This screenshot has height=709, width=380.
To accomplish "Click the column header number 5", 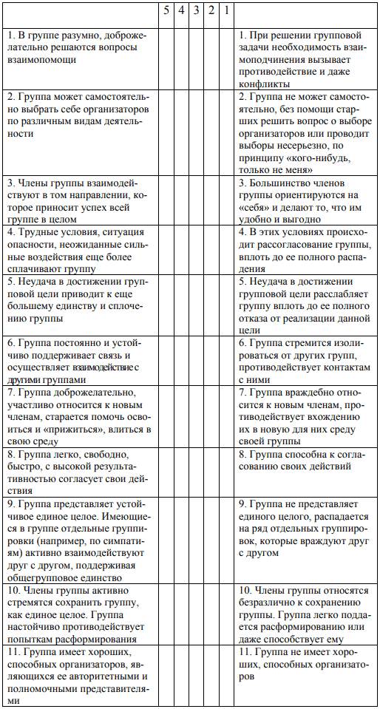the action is coord(166,12).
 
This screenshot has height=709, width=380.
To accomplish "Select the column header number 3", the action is coord(196,12).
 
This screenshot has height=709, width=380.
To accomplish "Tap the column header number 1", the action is coord(226,12).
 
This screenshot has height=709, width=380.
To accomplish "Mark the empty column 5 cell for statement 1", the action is coord(166,58).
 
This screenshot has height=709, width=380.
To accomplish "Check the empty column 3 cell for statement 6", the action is coord(196,361).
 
